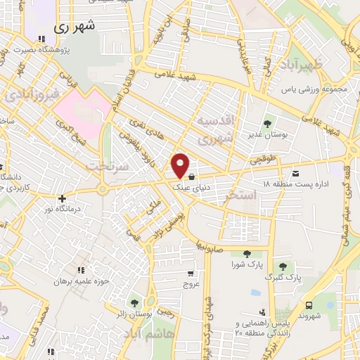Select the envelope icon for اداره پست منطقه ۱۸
[x=295, y=173]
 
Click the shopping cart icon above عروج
[x=191, y=273]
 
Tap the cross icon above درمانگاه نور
[x=63, y=198]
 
